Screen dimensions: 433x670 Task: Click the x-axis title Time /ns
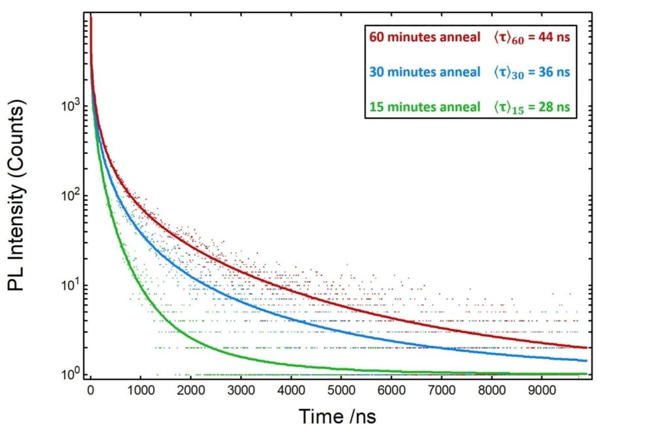point(338,416)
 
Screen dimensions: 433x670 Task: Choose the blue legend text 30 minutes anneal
point(425,72)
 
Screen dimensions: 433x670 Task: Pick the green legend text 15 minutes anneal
point(425,106)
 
